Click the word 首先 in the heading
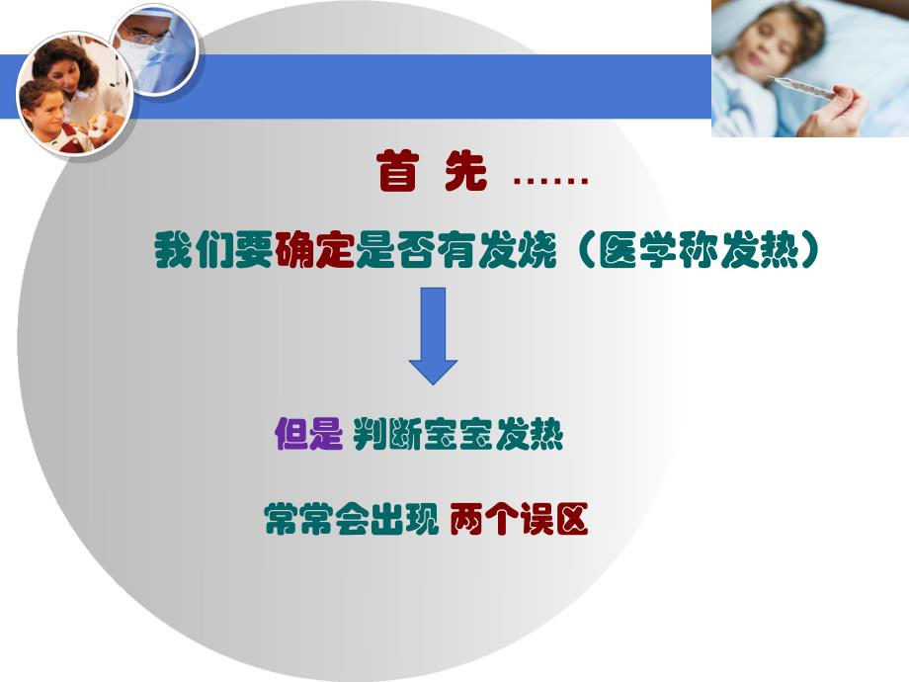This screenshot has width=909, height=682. point(432,175)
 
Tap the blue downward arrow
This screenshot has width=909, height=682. point(433,334)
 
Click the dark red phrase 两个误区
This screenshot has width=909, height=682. point(519,519)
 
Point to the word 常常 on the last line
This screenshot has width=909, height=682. point(297,519)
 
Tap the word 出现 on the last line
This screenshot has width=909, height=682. point(403,519)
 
